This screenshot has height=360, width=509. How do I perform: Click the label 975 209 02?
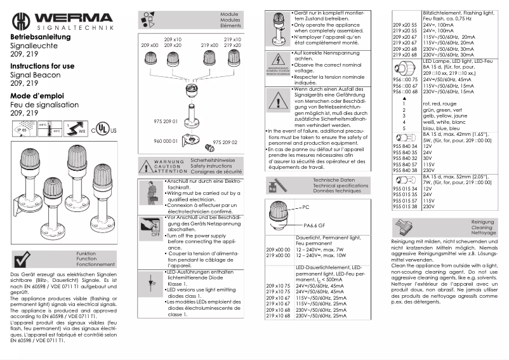tap(224, 142)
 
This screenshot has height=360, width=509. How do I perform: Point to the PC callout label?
tap(305, 207)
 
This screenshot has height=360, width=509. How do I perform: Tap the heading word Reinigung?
tap(482, 222)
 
